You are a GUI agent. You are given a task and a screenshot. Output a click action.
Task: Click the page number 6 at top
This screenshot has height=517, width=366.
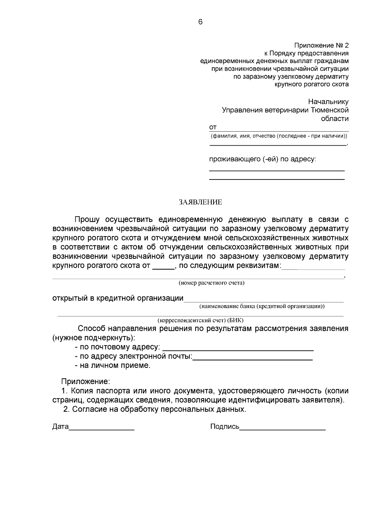[x=200, y=22]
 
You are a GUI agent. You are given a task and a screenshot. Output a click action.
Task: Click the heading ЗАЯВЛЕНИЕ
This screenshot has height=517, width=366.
[x=200, y=202]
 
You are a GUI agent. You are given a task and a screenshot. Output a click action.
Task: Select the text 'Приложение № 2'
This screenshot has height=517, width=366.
[x=321, y=46]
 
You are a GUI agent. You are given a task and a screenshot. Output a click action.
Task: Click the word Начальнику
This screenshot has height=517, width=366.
[x=328, y=101]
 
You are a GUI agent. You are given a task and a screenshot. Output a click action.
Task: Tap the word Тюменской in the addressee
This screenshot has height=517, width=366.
[x=329, y=110]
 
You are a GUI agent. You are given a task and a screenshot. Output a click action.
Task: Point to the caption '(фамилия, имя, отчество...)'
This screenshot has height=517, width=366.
[x=278, y=136]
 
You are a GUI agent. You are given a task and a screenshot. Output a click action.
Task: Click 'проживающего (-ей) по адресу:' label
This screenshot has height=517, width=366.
[x=262, y=159]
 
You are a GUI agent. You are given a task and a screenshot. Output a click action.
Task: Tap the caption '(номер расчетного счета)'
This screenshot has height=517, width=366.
[x=212, y=283]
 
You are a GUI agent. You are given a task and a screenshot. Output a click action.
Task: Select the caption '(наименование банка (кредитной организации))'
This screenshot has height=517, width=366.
[x=262, y=306]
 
